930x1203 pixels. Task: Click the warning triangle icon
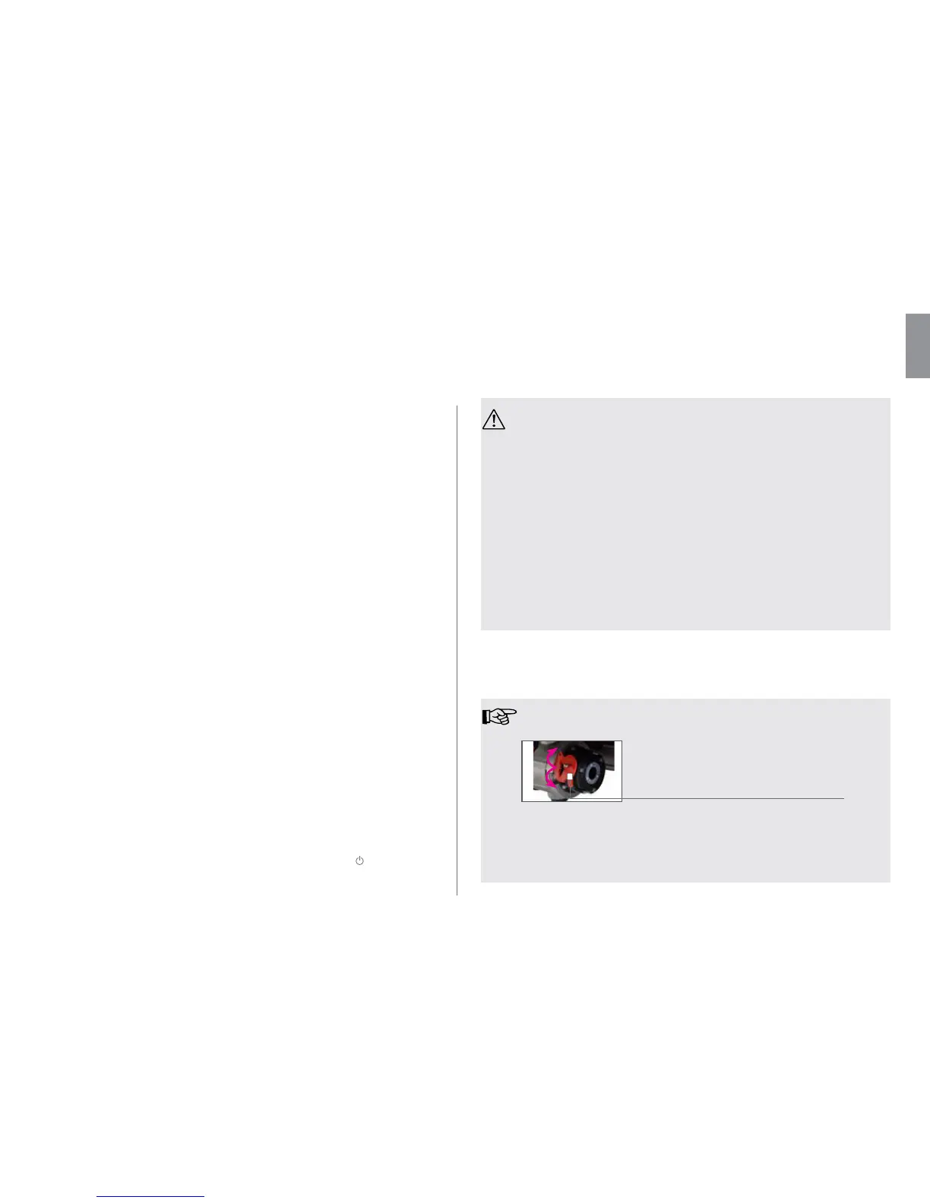pos(493,419)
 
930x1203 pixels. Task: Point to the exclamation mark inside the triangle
pos(494,421)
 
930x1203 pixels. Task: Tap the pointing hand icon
pos(499,716)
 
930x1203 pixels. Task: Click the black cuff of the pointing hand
pos(486,716)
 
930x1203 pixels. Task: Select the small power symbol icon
pos(359,860)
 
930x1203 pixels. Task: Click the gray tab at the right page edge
pos(917,346)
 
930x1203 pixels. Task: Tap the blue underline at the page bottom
pos(150,1196)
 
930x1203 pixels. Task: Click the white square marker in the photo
pos(569,777)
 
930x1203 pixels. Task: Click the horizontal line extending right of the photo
pos(732,798)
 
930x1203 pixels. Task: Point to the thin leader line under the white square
pos(569,790)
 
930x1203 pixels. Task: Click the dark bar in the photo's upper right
pos(605,747)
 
